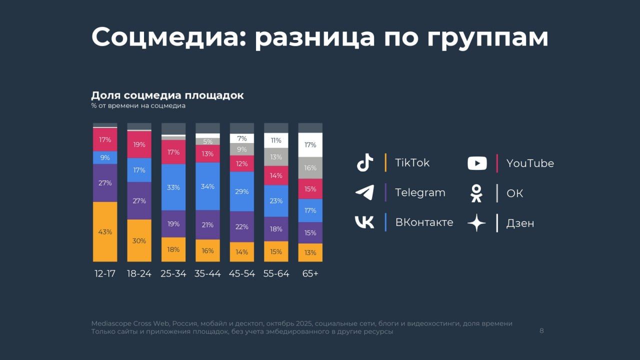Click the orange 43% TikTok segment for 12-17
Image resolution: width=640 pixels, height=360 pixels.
(105, 231)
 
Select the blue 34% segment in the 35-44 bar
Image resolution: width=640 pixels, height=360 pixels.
(207, 186)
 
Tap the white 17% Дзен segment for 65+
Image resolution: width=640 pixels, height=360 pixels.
(310, 145)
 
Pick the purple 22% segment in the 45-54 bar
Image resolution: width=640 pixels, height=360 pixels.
(242, 226)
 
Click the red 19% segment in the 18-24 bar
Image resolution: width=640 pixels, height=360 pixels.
(139, 144)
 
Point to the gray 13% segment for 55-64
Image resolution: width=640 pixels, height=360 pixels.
(276, 157)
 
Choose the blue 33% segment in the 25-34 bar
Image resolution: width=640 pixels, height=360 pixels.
(173, 187)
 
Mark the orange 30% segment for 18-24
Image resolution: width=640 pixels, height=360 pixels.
(139, 240)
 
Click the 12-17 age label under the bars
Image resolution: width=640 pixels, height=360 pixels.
(105, 274)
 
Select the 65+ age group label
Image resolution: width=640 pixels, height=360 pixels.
(310, 274)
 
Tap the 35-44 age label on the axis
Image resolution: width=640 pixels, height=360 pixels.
(207, 274)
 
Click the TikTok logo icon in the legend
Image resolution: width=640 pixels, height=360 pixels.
(365, 163)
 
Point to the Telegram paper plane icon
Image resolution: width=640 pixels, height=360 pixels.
(365, 192)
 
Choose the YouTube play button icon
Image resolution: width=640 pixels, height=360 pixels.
(477, 163)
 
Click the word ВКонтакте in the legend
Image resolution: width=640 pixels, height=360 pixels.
(424, 222)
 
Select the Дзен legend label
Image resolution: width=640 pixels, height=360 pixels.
(520, 223)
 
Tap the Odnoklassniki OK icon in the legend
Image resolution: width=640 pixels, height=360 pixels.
(477, 193)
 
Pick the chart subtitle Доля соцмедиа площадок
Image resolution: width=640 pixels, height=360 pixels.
(167, 95)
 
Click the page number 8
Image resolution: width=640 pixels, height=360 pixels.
(541, 330)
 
